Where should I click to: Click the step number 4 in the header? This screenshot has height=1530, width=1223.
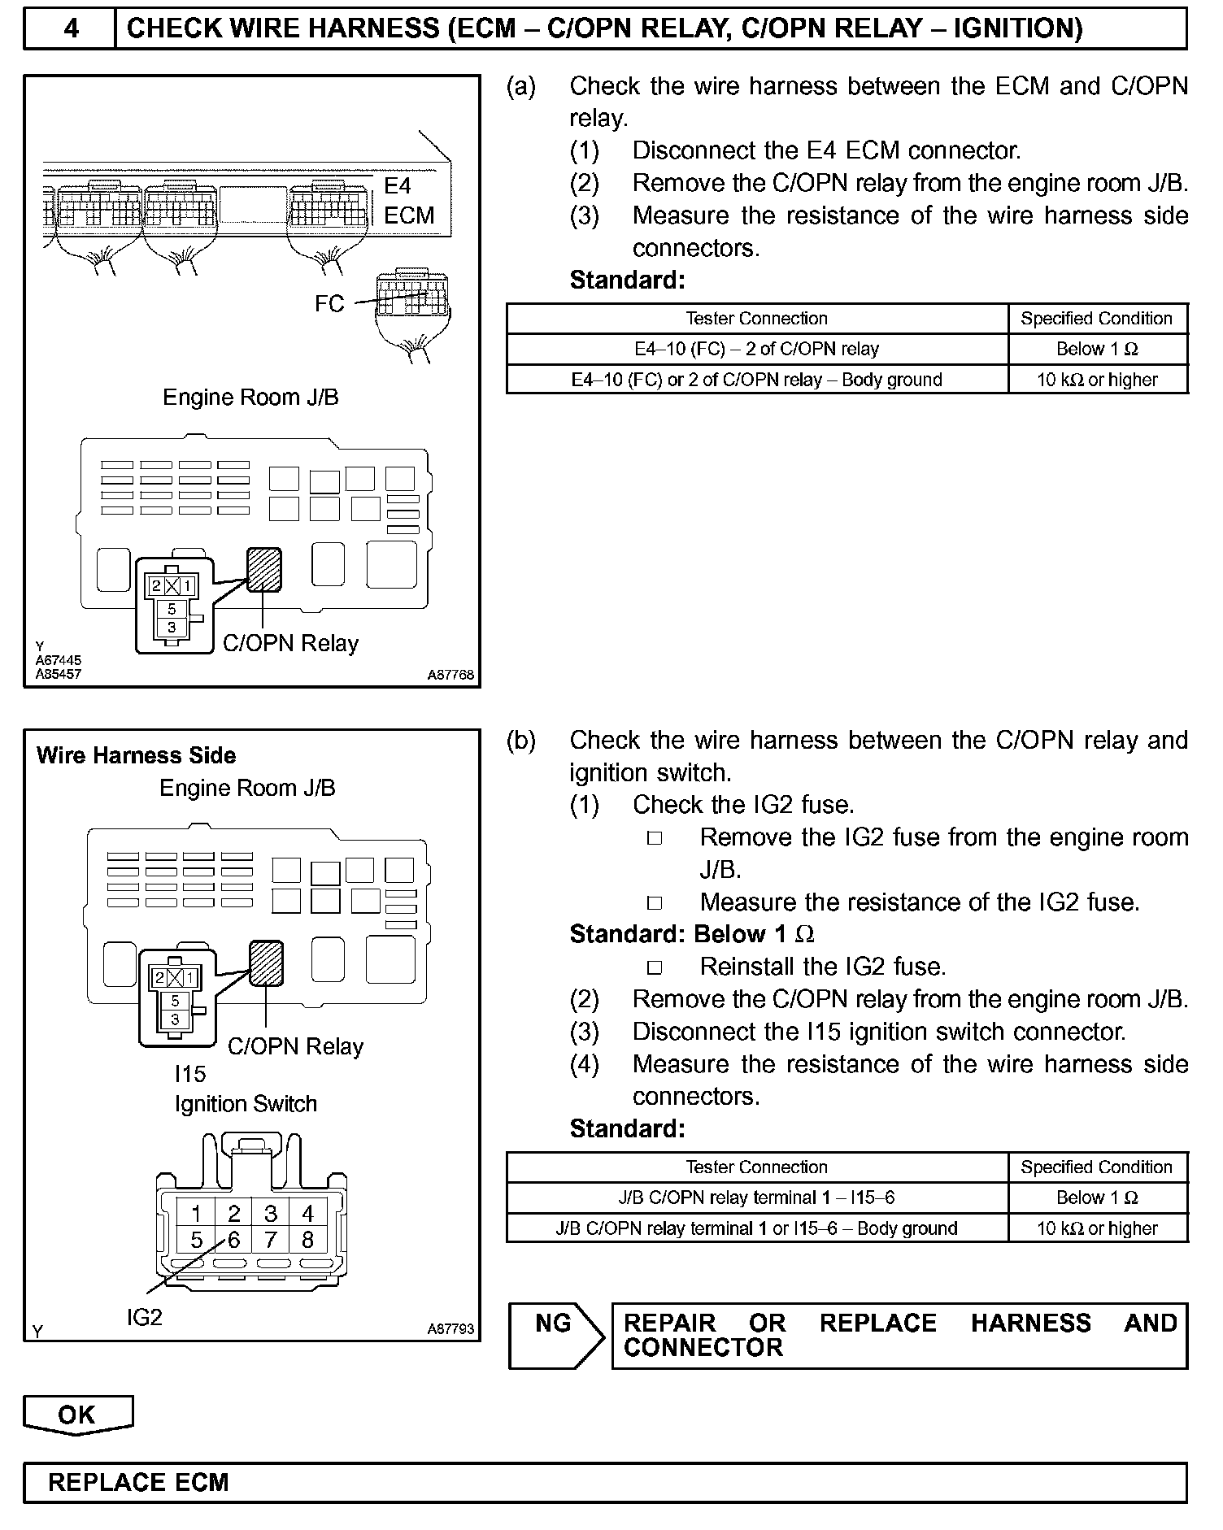pos(71,28)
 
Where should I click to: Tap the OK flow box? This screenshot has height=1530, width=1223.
pos(77,1415)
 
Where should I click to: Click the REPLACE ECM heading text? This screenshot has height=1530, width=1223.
pos(138,1481)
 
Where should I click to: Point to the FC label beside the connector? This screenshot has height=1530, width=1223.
pos(329,303)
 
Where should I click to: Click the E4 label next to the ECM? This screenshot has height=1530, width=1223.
pos(398,186)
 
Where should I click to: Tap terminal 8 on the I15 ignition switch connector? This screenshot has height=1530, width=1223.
pos(307,1240)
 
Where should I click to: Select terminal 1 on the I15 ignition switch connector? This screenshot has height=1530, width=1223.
pos(196,1213)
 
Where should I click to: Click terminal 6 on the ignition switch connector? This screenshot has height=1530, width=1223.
pos(234,1240)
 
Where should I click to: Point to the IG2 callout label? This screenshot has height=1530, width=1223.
pos(144,1317)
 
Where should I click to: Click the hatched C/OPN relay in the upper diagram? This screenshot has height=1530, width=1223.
pos(264,569)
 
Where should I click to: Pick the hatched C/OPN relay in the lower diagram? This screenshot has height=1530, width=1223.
pos(266,963)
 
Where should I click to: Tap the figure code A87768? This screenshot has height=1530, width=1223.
pos(450,675)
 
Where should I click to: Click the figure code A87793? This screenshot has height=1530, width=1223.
pos(450,1329)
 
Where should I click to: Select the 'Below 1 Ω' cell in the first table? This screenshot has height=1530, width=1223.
pos(1097,349)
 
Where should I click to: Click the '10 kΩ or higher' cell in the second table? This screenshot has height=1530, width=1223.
pos(1097,1228)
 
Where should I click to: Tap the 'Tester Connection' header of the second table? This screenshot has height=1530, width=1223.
pos(756,1167)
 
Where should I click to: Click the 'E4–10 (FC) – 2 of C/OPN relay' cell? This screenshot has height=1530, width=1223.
pos(756,349)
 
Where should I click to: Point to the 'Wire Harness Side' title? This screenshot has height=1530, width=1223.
pos(136,755)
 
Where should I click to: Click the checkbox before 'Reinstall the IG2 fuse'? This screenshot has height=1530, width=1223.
pos(655,967)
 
